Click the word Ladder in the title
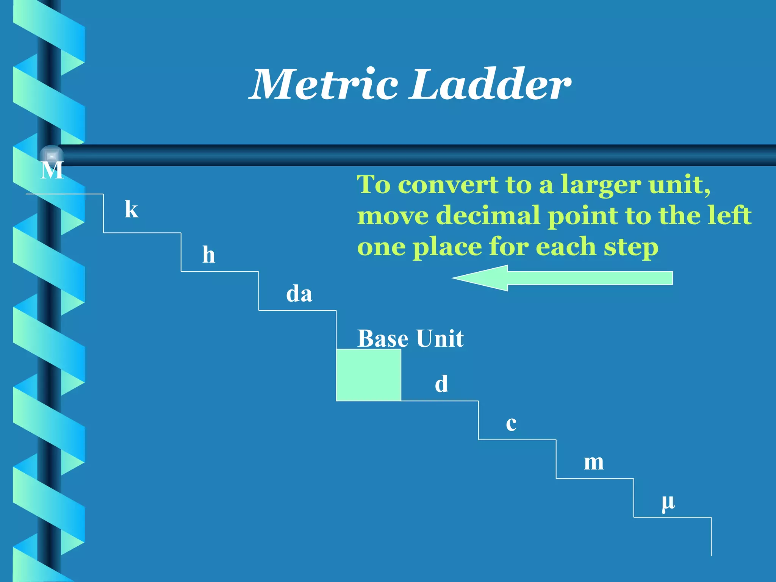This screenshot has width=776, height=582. [x=491, y=84]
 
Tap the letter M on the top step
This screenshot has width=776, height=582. [x=52, y=170]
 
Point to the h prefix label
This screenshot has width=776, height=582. [x=208, y=254]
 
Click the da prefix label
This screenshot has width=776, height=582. [x=299, y=294]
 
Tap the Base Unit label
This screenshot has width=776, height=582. [x=410, y=338]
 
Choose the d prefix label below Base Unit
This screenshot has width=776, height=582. [x=441, y=384]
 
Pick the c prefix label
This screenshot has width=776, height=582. [x=511, y=424]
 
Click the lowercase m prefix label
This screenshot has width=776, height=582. [x=593, y=463]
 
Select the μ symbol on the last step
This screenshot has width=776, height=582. [x=668, y=502]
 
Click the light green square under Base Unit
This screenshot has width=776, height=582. [x=368, y=375]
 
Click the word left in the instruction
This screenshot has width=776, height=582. [x=730, y=215]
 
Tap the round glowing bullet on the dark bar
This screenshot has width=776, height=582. [x=52, y=156]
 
